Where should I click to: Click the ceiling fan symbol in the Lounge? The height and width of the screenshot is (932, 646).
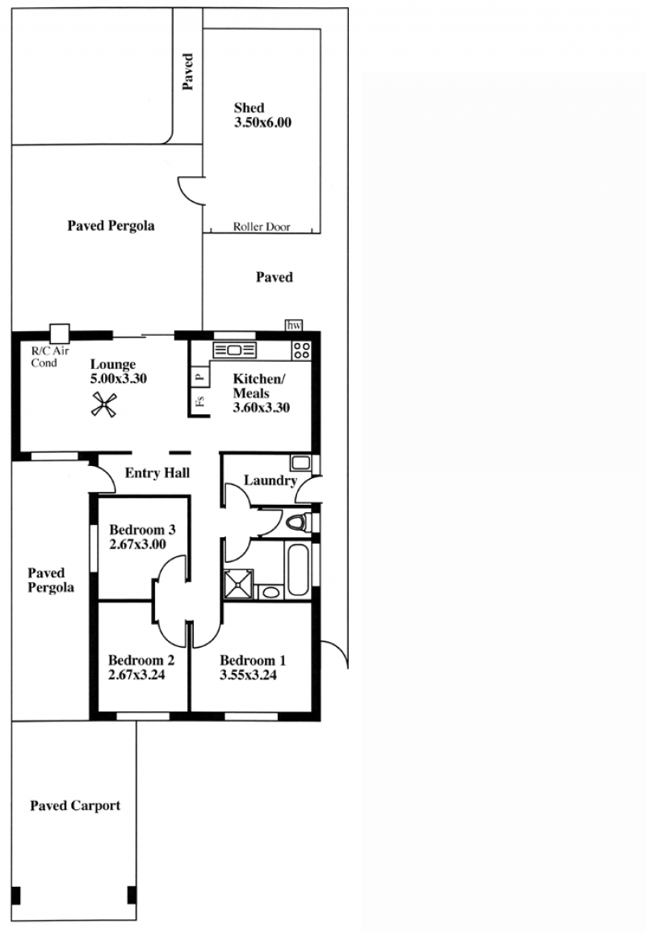[x=103, y=405]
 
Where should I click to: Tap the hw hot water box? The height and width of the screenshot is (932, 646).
[x=294, y=325]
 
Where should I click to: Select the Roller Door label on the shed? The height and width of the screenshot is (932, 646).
[x=262, y=226]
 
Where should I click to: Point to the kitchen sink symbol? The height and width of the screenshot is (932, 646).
[x=234, y=350]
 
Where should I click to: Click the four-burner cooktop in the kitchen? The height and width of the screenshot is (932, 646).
[x=301, y=350]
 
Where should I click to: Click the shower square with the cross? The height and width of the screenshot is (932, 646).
[x=237, y=584]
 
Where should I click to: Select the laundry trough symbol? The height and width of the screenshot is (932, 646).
[x=300, y=463]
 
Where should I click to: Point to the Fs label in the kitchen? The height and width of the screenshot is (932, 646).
[x=200, y=401]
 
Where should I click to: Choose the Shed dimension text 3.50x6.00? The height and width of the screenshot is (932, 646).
[x=262, y=123]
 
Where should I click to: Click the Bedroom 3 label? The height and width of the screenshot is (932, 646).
[x=142, y=530]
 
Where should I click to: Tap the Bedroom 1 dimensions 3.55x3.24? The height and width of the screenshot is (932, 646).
[x=248, y=674]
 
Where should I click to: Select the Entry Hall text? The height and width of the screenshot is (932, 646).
[x=157, y=473]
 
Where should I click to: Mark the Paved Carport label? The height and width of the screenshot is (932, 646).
[x=75, y=805]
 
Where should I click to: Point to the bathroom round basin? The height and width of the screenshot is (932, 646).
[x=271, y=592]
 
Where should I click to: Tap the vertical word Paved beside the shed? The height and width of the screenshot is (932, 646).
[x=188, y=71]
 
